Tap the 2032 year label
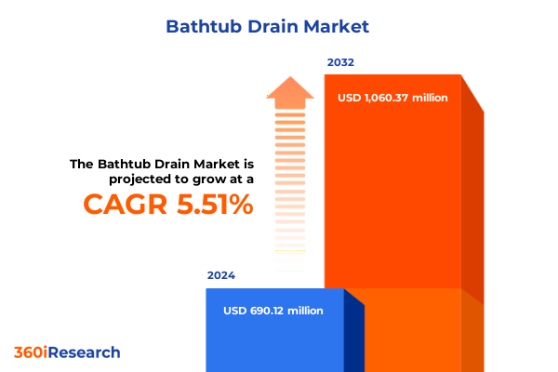[340, 63]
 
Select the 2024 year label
[221, 275]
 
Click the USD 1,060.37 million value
[392, 98]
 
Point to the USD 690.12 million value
[273, 311]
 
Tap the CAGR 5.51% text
[168, 204]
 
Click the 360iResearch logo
[67, 352]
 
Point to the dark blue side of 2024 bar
[353, 330]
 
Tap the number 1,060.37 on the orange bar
[390, 98]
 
